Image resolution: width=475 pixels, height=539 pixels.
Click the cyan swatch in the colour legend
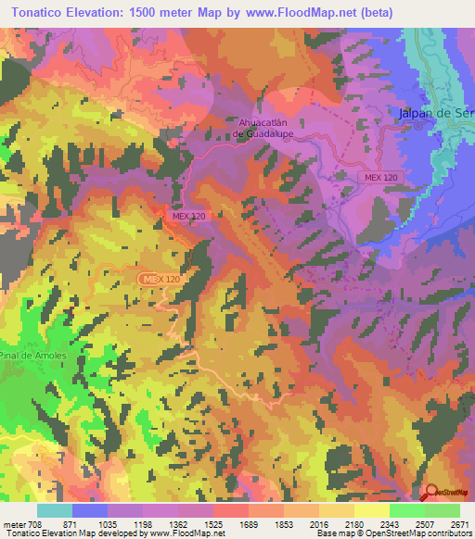pos(55,510)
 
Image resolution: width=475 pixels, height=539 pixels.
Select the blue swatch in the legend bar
pos(90,510)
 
